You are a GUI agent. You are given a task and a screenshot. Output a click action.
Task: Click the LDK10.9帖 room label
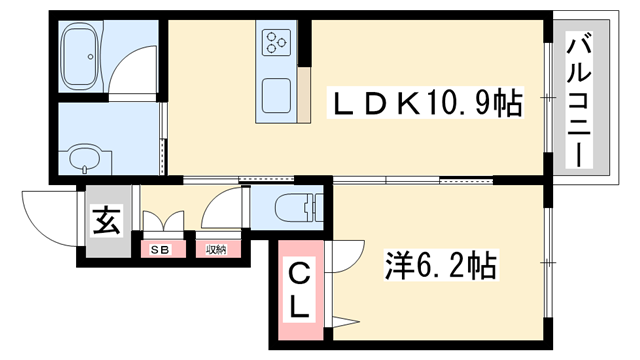(x=427, y=102)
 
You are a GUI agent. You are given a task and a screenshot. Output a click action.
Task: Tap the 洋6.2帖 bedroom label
(x=441, y=265)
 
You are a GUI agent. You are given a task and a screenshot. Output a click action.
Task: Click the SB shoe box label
(x=159, y=249)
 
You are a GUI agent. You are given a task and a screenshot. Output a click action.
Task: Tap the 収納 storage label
(x=217, y=249)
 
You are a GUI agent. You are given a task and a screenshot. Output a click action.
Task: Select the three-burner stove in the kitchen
(x=277, y=44)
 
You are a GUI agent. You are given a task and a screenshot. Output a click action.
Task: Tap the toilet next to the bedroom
(x=298, y=208)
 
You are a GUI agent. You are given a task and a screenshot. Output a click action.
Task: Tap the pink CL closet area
(x=299, y=290)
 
